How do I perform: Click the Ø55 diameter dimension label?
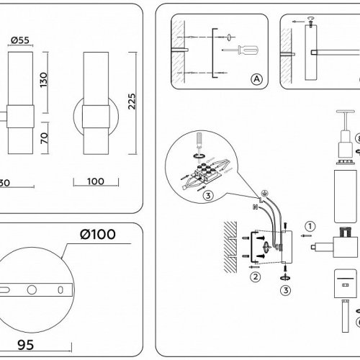20,40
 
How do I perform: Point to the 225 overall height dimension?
131,105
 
